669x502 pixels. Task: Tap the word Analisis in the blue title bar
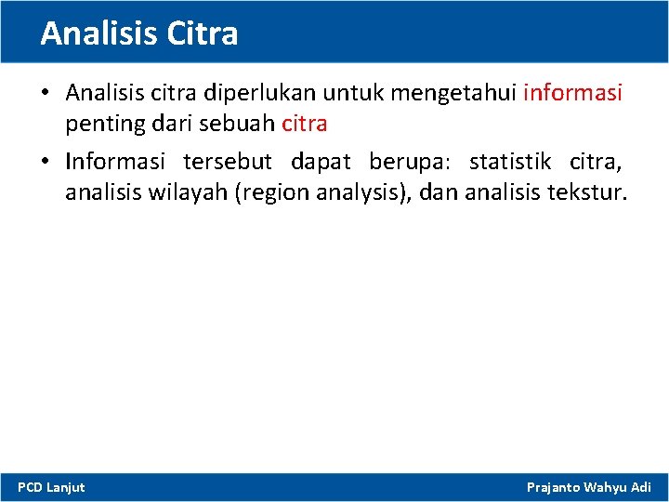[99, 33]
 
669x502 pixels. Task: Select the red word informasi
[573, 93]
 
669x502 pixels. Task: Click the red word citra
[304, 124]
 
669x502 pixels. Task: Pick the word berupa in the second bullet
[409, 162]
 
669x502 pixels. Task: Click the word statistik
[510, 162]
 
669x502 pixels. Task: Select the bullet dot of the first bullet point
[45, 93]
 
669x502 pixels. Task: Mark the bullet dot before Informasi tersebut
[45, 162]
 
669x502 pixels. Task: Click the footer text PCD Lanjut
[51, 487]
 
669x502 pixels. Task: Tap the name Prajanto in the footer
[556, 487]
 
